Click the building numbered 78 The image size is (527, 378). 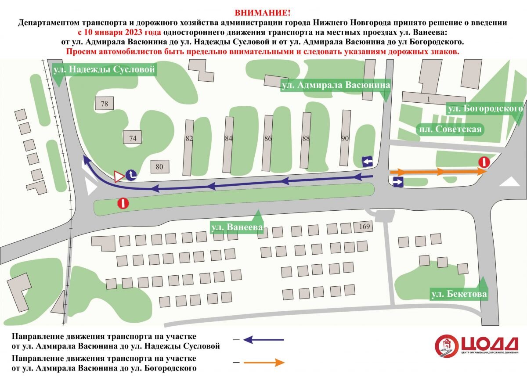coord(104,104)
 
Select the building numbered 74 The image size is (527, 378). coord(133,138)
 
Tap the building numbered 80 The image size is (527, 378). coord(159,167)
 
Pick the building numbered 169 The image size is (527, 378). coord(364,227)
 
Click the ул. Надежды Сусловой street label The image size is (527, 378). coord(104,69)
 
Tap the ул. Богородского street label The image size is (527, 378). coord(485,108)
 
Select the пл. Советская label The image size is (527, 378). coord(450,129)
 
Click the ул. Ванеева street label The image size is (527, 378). coord(237,227)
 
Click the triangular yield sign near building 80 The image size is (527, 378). coord(118,176)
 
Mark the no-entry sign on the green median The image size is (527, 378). coord(123,203)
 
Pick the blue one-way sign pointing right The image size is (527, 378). coord(398,183)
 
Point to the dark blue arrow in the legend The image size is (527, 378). coord(263,339)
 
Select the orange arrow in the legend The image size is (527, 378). coord(263,363)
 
